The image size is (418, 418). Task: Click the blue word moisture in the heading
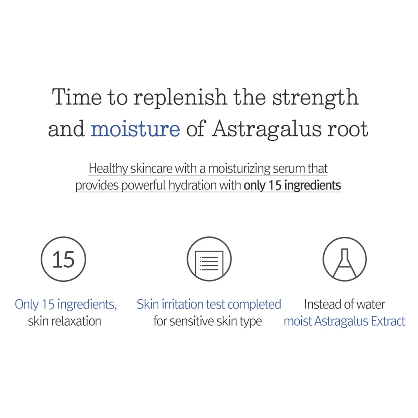click(x=135, y=129)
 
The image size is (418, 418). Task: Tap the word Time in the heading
click(x=76, y=98)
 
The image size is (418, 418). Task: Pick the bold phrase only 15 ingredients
click(x=292, y=186)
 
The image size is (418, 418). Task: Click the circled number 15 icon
click(x=64, y=259)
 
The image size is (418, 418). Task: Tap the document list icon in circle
click(x=209, y=259)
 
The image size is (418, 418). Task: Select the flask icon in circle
click(x=345, y=259)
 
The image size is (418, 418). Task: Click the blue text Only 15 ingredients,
click(x=66, y=305)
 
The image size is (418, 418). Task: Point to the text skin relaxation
click(x=64, y=321)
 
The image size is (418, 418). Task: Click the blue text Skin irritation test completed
click(x=209, y=305)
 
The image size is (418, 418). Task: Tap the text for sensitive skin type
click(x=207, y=321)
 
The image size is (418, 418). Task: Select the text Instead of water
click(x=345, y=305)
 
